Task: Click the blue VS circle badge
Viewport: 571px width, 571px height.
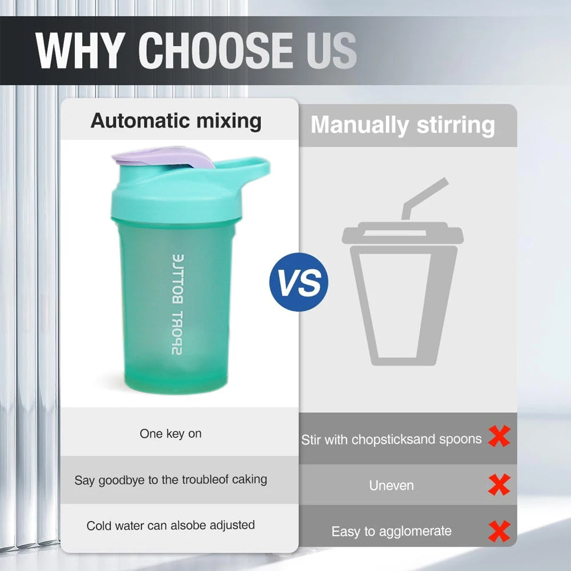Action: (299, 282)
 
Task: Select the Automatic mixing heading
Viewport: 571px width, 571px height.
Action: (176, 121)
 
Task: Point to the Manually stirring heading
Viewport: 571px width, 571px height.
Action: (403, 125)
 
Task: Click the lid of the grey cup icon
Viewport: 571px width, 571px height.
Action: (403, 235)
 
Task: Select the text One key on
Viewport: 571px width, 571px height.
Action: (171, 434)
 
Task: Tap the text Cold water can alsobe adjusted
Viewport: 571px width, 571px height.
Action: (171, 525)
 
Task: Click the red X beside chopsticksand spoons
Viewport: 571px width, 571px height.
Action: (499, 437)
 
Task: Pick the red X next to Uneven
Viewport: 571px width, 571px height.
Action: (499, 485)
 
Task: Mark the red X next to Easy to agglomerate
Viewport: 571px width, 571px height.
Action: (499, 532)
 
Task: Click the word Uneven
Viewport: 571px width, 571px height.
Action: (392, 486)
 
